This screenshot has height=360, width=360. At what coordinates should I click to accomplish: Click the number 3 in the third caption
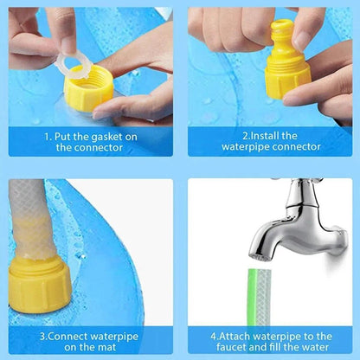(42, 336)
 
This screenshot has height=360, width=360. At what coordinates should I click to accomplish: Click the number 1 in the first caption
(47, 136)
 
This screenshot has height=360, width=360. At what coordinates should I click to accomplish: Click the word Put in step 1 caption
(62, 136)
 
